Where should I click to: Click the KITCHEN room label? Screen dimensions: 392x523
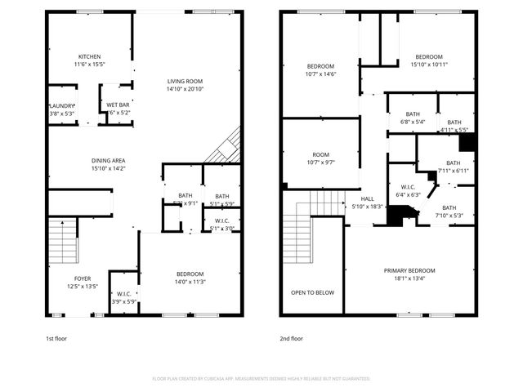pos(90,56)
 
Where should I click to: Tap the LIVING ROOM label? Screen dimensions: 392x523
pos(186,81)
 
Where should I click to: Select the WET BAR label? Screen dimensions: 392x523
pos(118,105)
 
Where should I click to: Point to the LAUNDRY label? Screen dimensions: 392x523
pos(61,105)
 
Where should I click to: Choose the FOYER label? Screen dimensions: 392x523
pos(83,278)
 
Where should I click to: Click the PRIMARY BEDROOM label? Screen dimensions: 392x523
pos(409,270)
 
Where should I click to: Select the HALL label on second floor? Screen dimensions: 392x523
pos(367,198)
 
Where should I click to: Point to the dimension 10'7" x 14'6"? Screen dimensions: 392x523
pos(320,73)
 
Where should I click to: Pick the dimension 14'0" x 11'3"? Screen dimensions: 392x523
pos(190,282)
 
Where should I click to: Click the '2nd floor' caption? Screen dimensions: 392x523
pos(292,337)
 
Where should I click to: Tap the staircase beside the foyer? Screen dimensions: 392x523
pos(62,241)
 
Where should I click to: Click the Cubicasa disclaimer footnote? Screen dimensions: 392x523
pos(261,378)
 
